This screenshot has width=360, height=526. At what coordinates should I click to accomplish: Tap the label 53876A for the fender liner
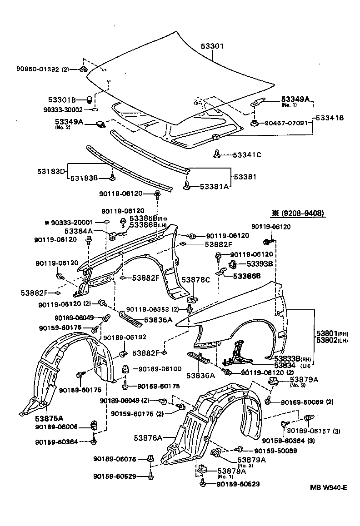click(x=148, y=438)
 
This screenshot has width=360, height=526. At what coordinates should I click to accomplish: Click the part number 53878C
click(x=196, y=280)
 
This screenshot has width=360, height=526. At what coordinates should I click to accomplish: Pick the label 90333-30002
click(x=64, y=109)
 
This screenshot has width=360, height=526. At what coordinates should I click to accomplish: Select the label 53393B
click(x=260, y=263)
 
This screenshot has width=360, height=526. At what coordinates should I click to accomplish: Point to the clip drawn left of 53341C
click(x=217, y=154)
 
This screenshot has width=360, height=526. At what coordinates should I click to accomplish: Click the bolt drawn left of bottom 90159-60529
click(x=202, y=484)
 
